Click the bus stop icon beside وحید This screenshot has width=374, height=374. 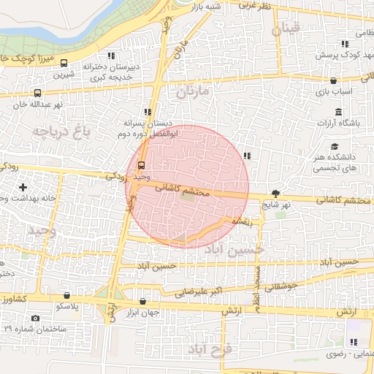(x=141, y=165)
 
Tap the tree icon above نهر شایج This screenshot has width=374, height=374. (x=275, y=194)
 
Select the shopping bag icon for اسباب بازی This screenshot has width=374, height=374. (x=334, y=81)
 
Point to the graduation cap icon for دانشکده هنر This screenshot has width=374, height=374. (x=334, y=146)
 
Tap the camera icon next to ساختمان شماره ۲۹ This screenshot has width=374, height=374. (x=36, y=318)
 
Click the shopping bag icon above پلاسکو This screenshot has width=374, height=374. (x=67, y=296)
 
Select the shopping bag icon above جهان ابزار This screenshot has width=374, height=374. (x=142, y=301)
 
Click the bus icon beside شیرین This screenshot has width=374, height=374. (x=64, y=63)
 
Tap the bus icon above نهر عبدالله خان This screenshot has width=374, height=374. (x=37, y=93)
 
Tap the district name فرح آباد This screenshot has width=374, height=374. (x=210, y=351)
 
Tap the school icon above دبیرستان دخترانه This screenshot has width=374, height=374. (x=111, y=56)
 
